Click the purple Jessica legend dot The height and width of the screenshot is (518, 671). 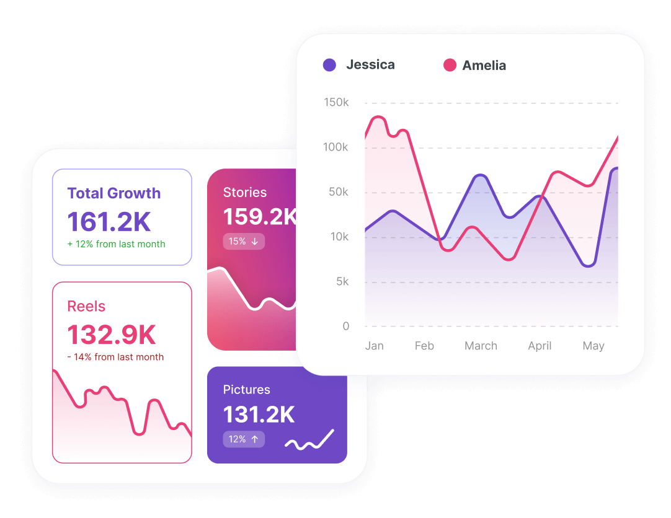(329, 65)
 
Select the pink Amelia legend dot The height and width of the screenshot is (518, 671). (450, 65)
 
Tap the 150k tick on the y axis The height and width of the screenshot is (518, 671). (336, 102)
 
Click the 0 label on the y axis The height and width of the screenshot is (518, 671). (346, 326)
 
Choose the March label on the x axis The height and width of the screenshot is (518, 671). (481, 346)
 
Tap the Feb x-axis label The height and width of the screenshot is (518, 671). (424, 346)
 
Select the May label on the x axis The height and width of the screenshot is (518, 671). (593, 346)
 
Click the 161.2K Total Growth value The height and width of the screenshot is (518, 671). (109, 222)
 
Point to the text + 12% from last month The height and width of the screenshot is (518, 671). (117, 244)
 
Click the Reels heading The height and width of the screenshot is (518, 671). (86, 306)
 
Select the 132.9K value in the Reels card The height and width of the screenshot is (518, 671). (112, 335)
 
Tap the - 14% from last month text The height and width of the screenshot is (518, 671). (115, 357)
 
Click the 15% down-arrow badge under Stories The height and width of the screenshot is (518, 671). (244, 241)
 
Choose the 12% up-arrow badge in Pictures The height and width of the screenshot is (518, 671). (244, 439)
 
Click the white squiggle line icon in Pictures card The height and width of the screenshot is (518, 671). (309, 440)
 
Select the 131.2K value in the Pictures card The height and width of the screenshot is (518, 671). (259, 415)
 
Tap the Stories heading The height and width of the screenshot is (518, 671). (245, 193)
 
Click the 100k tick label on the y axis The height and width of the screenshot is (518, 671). (336, 147)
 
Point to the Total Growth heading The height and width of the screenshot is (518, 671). (114, 193)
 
